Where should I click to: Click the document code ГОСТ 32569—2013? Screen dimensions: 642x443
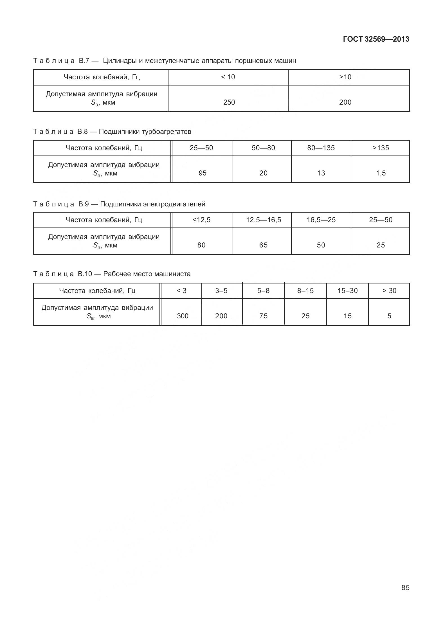(x=376, y=39)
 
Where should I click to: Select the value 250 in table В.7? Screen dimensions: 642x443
(x=229, y=102)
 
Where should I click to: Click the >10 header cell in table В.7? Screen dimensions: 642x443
(x=345, y=77)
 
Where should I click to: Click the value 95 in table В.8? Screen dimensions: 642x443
(x=203, y=173)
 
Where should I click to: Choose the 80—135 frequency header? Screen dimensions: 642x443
(x=321, y=148)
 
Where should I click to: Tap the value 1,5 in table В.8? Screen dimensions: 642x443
(x=381, y=173)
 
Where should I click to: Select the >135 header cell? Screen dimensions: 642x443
(x=381, y=148)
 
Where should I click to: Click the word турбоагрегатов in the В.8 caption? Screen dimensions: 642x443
(x=166, y=132)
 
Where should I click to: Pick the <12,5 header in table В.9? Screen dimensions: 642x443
(x=201, y=220)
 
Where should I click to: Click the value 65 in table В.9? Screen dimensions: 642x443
(x=263, y=245)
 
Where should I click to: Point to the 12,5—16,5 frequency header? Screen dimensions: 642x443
(x=263, y=220)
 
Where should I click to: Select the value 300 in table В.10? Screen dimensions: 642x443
(x=183, y=316)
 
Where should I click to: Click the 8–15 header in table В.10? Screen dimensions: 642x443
(x=305, y=291)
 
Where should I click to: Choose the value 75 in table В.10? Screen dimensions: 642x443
(x=263, y=316)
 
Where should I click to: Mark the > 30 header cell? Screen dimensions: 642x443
(x=389, y=291)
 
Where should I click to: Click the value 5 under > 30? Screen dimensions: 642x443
(x=389, y=316)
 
